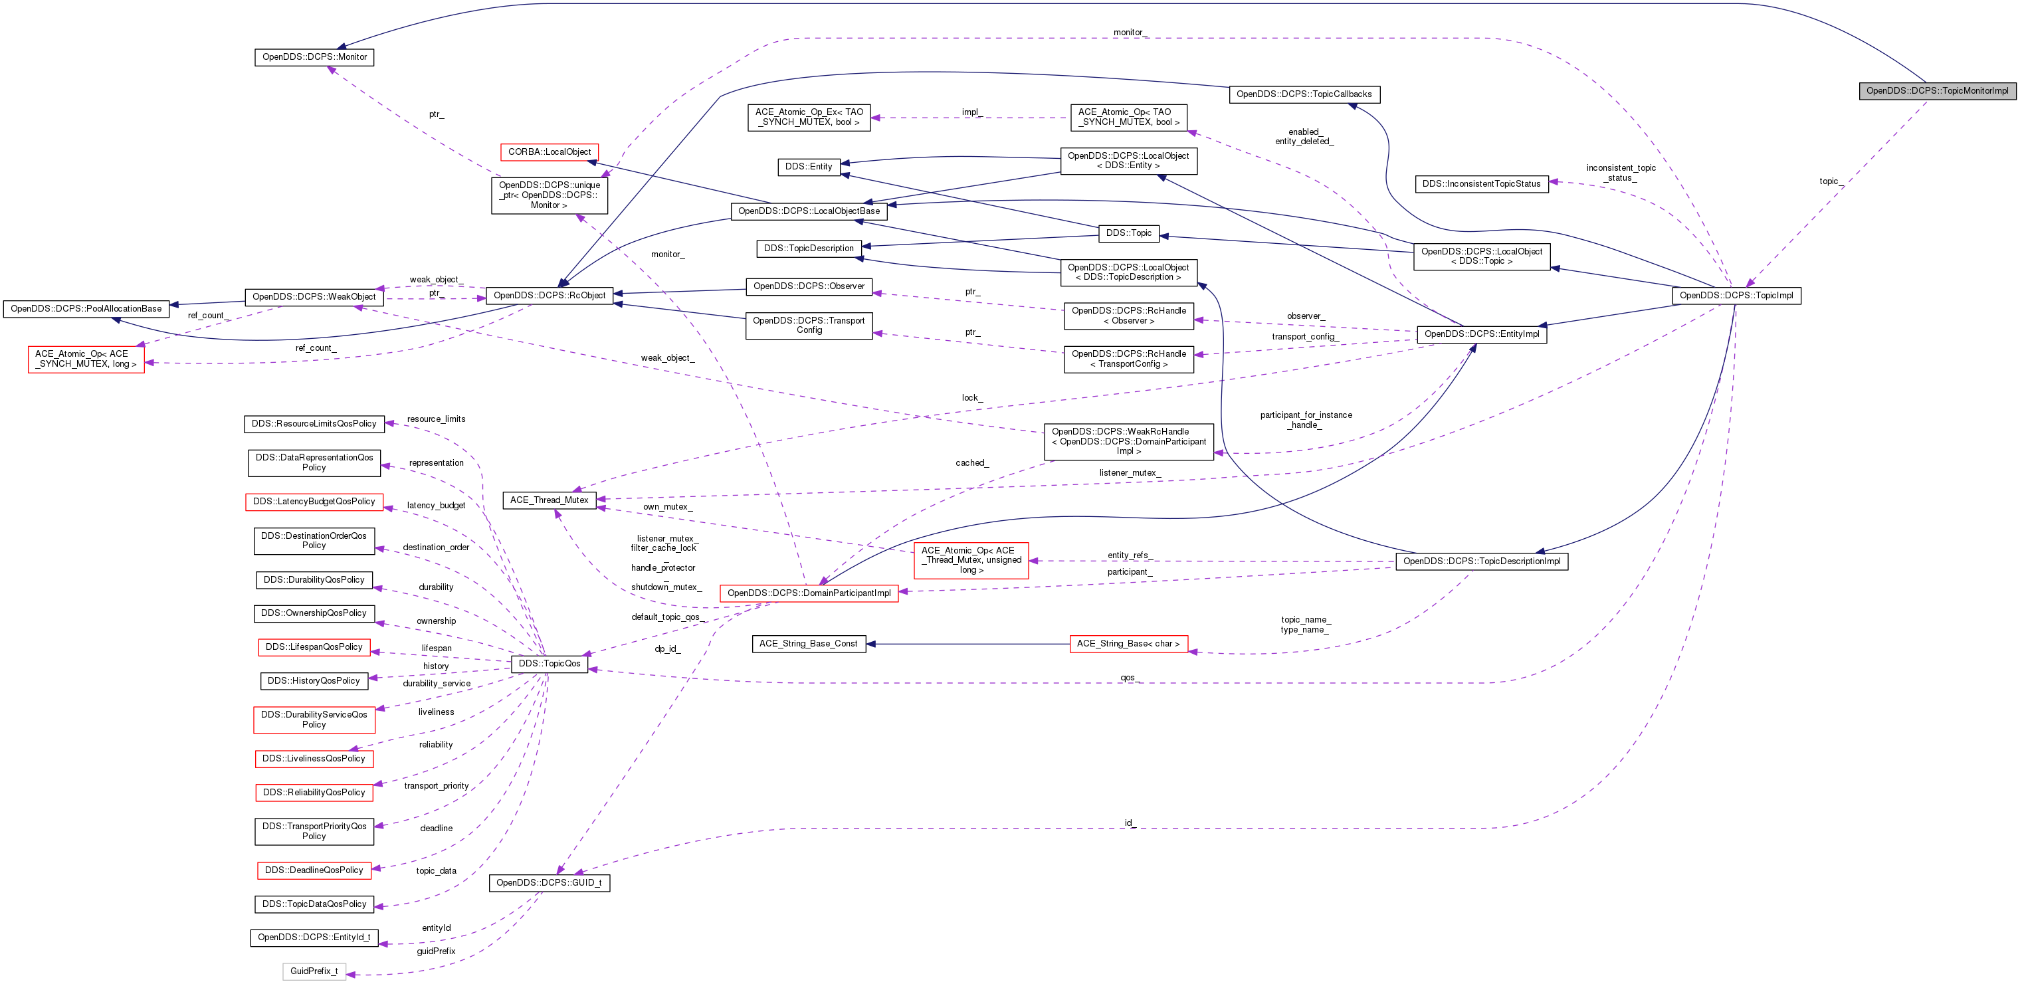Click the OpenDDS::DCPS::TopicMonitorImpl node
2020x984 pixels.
(x=1937, y=91)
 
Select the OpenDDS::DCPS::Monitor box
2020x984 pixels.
(x=314, y=57)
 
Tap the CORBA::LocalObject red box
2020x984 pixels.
(x=549, y=152)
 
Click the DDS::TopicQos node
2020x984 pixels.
(x=549, y=663)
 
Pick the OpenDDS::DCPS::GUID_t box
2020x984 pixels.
(x=549, y=883)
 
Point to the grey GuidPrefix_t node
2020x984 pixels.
(x=314, y=971)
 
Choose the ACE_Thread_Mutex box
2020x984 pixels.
(x=549, y=500)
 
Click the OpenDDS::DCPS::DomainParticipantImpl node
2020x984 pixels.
(x=809, y=593)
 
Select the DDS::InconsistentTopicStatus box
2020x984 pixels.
(x=1481, y=184)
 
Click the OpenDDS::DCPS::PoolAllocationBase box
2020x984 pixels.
(x=86, y=309)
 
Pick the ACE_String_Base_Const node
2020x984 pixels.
(x=809, y=644)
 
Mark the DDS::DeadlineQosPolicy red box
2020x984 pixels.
(x=314, y=870)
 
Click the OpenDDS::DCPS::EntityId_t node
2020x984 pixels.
(x=314, y=937)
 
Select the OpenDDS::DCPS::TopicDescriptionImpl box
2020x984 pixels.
(x=1481, y=561)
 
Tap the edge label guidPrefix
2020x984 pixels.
(x=436, y=951)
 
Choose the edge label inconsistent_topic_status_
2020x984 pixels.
(x=1621, y=173)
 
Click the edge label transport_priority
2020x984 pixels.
(x=436, y=785)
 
